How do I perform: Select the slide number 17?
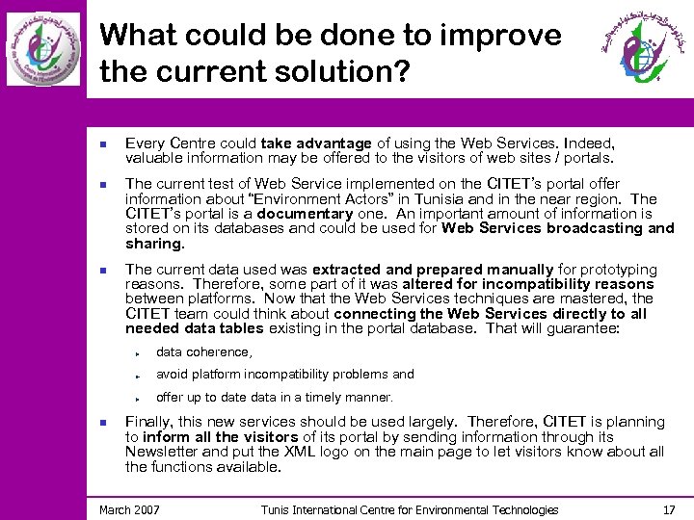coord(670,509)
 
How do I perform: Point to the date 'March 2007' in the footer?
coord(130,509)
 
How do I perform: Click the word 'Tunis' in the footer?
coord(278,509)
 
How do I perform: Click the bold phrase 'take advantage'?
coord(315,143)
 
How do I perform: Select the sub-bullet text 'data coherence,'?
coord(203,352)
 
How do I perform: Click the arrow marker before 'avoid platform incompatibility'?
coord(140,375)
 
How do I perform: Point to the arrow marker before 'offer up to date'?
coord(140,398)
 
